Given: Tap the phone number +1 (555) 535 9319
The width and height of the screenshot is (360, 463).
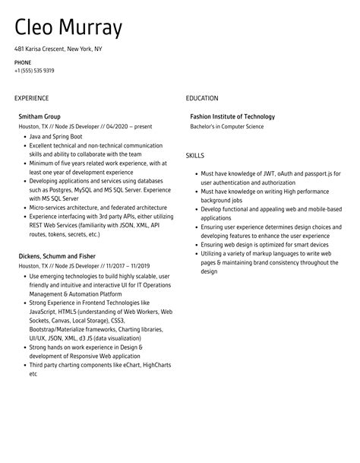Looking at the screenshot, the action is (x=34, y=71).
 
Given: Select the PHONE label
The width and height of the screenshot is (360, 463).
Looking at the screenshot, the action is (x=23, y=62).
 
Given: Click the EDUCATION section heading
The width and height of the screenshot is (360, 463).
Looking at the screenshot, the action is (x=202, y=98).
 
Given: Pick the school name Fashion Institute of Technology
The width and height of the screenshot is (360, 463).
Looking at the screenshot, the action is (x=232, y=116).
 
